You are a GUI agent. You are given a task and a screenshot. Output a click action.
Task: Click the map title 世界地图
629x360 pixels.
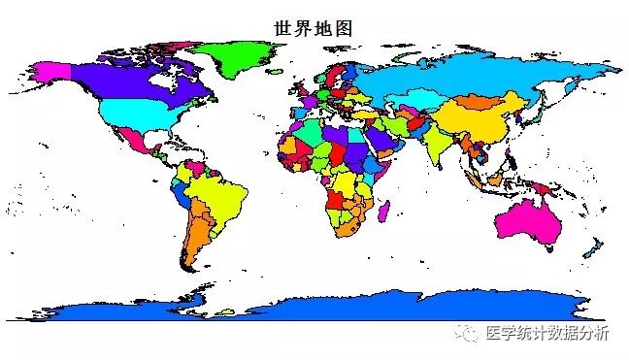314,29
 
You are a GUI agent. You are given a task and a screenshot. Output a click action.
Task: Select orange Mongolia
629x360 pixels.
476,101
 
